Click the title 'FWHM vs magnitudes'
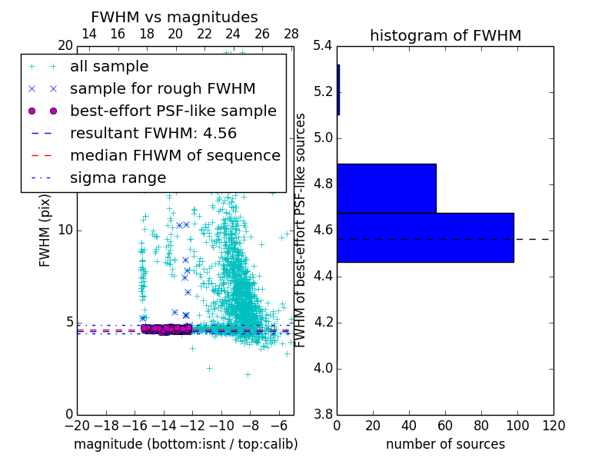175,17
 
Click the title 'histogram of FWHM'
445,35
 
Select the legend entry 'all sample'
109,67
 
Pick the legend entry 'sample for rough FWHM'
162,88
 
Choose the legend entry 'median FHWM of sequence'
175,155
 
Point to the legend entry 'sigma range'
118,177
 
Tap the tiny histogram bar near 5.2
338,90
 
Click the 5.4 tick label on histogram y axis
323,46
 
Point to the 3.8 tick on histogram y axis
323,414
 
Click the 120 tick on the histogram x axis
553,426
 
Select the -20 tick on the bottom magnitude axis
77,426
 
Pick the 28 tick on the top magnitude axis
291,34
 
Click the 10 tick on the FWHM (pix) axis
66,230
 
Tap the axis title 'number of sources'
445,444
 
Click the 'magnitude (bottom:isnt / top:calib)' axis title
185,444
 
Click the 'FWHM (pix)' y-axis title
45,230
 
